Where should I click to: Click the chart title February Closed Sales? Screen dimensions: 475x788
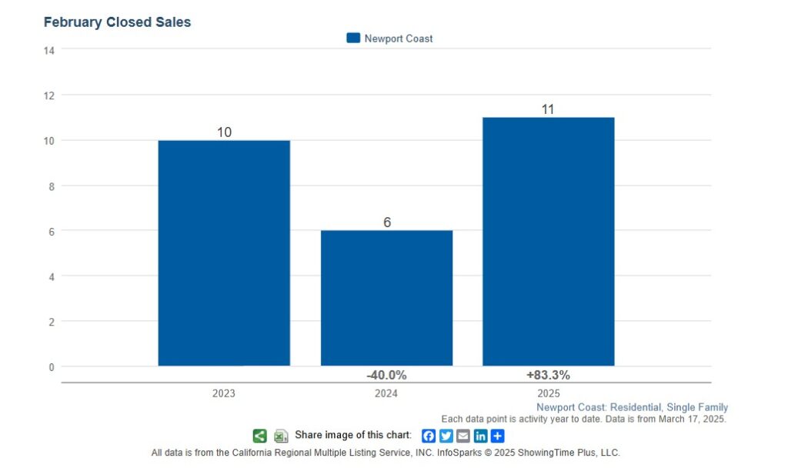(117, 22)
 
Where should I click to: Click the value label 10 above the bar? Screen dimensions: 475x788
(224, 132)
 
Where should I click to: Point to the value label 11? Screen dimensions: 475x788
(548, 109)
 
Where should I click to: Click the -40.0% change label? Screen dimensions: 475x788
(386, 375)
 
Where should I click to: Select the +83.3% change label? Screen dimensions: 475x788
(548, 375)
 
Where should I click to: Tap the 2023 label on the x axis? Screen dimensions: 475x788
(224, 393)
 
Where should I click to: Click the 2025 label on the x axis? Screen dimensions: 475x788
(548, 393)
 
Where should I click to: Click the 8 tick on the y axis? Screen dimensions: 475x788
(52, 186)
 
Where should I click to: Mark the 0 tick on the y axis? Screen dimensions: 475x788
(52, 366)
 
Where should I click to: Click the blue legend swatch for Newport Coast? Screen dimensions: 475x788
(353, 38)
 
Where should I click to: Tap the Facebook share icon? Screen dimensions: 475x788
(429, 436)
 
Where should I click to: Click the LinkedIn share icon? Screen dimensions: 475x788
(480, 436)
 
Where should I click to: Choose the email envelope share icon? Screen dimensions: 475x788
(463, 436)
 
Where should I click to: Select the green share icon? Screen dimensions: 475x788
(260, 436)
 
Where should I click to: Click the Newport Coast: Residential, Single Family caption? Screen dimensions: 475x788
(632, 407)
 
